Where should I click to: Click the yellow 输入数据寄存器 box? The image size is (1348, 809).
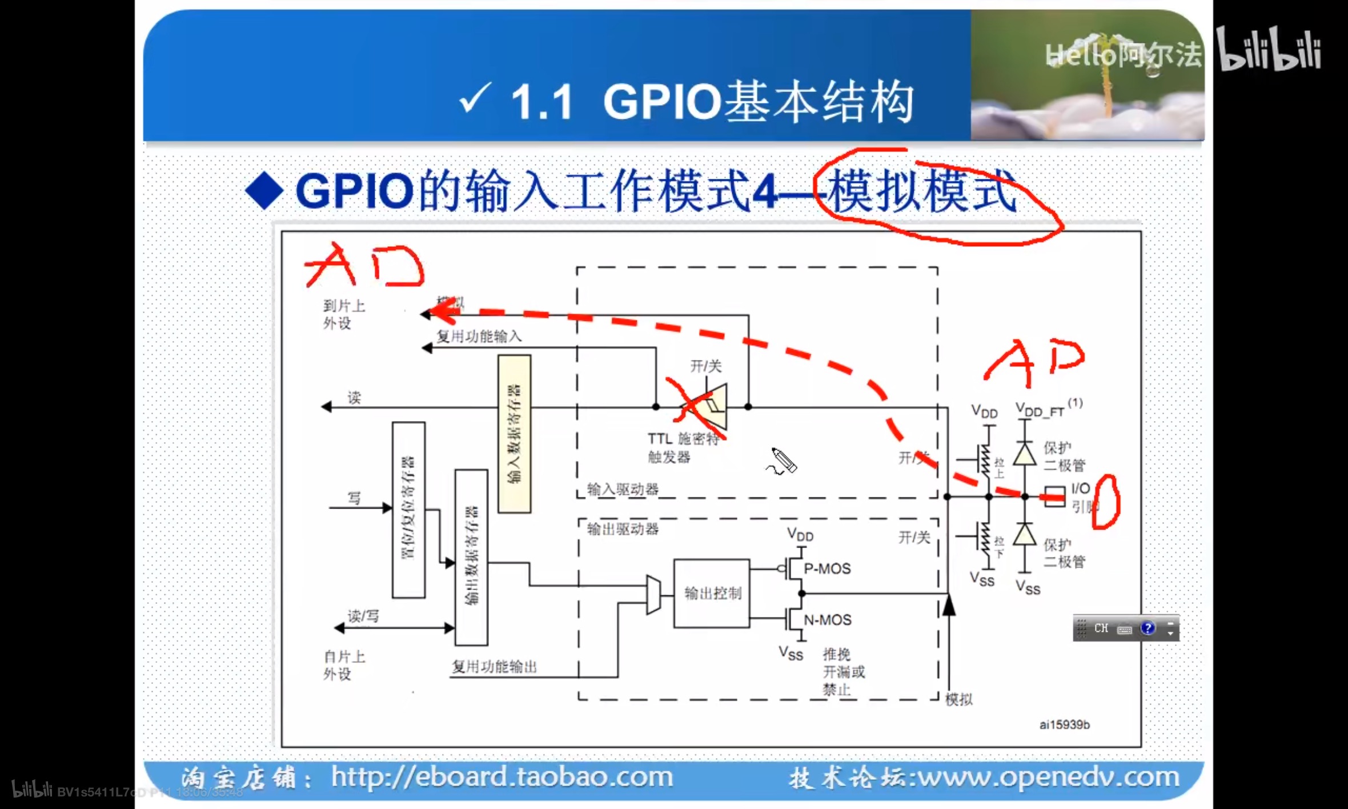click(x=514, y=434)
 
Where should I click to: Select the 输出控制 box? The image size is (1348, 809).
click(x=712, y=594)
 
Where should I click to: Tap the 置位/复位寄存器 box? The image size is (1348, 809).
click(x=408, y=510)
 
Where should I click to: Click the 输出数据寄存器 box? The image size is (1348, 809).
click(x=471, y=557)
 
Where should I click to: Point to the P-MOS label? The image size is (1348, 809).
click(x=827, y=568)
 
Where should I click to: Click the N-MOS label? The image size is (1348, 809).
click(x=827, y=620)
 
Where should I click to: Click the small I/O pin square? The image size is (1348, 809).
click(x=1054, y=496)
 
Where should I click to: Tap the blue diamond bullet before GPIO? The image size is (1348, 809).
click(x=264, y=191)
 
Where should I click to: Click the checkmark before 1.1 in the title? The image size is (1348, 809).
click(x=474, y=98)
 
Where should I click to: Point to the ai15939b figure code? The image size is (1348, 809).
click(x=1064, y=724)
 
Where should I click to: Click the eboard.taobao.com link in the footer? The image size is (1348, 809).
click(x=502, y=777)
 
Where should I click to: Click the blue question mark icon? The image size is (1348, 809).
click(x=1147, y=628)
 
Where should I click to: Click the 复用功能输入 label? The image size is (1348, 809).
click(x=479, y=336)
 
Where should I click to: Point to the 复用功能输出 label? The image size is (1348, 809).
click(x=494, y=666)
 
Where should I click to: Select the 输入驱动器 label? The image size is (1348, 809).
click(x=623, y=489)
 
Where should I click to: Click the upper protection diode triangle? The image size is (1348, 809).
click(x=1025, y=455)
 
